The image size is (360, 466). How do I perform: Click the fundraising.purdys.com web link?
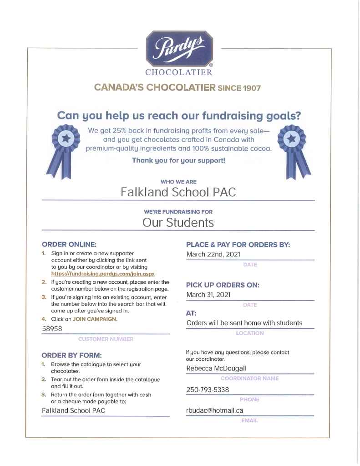pos(103,274)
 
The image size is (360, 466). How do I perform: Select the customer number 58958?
pos(52,328)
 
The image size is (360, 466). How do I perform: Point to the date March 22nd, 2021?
pos(213,254)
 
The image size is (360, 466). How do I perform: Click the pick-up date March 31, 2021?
pos(208,295)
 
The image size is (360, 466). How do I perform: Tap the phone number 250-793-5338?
pos(208,389)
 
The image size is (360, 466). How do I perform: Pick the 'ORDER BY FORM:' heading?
pos(71,355)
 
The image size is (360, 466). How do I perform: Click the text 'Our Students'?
pos(178,222)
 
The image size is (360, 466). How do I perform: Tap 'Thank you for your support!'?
pos(178,160)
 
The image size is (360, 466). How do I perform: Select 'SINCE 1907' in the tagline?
pos(240,88)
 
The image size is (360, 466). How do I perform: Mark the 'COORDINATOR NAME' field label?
pos(249,378)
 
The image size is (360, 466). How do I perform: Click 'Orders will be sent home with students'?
pos(244,323)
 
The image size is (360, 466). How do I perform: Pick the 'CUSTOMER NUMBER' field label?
pos(106,339)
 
